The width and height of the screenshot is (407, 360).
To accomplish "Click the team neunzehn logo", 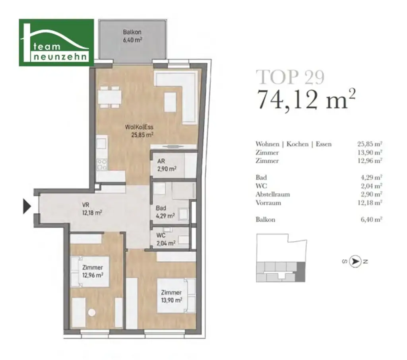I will pyautogui.click(x=56, y=42).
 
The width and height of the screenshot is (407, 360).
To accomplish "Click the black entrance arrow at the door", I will pyautogui.click(x=27, y=206).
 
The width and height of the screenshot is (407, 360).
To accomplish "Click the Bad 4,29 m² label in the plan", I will pyautogui.click(x=166, y=212).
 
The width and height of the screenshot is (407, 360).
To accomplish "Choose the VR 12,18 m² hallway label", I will pyautogui.click(x=92, y=209).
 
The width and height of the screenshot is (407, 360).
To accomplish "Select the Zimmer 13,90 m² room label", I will pyautogui.click(x=171, y=296).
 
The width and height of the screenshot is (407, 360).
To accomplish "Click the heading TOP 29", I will pyautogui.click(x=290, y=77).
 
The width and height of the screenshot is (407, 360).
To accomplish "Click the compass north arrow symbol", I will pyautogui.click(x=355, y=261).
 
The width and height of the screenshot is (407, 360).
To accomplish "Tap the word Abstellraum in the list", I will pyautogui.click(x=273, y=194).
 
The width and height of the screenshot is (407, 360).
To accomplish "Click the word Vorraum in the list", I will pyautogui.click(x=268, y=202).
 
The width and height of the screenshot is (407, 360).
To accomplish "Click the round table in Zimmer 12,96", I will pyautogui.click(x=92, y=313).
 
